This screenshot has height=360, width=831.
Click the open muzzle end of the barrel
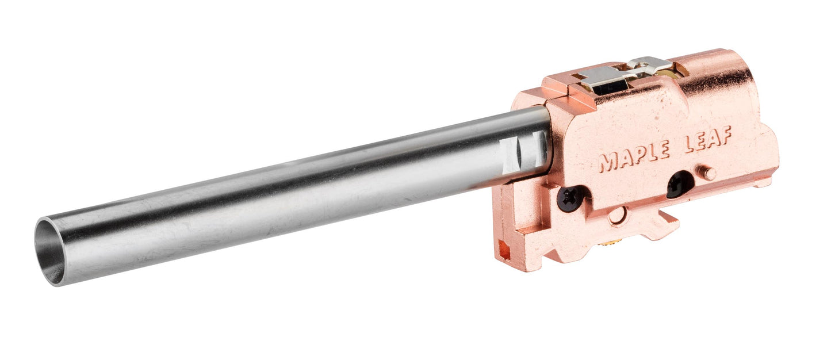coord(51,252)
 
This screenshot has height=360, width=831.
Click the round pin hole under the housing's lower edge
coord(616,216)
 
